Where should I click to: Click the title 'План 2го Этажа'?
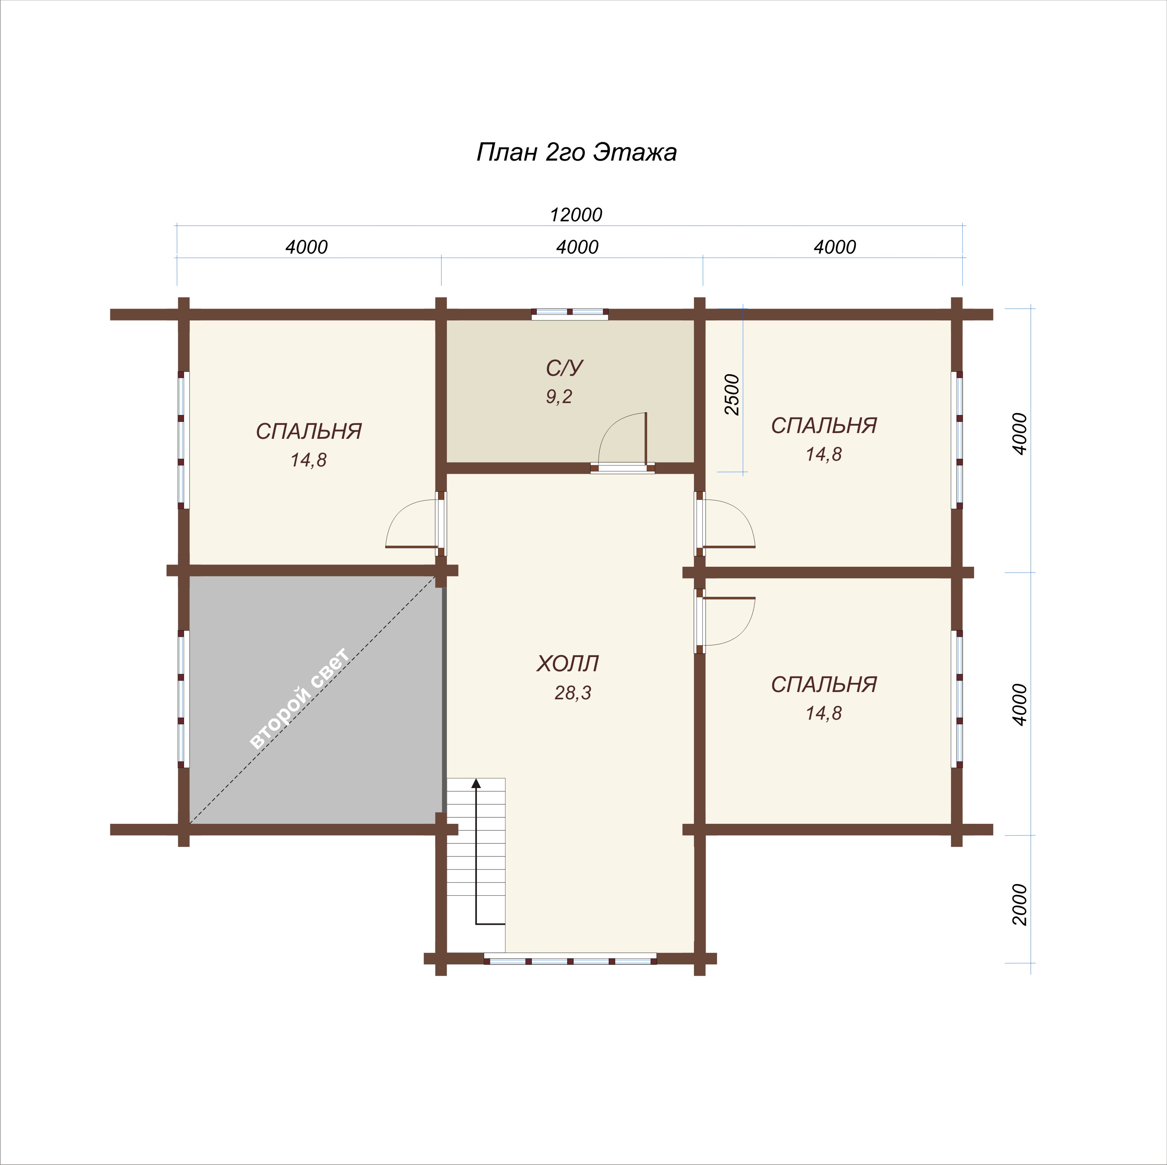click(x=576, y=152)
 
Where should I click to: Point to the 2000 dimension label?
click(x=1019, y=904)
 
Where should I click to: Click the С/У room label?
click(x=564, y=368)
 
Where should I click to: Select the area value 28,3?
click(x=573, y=693)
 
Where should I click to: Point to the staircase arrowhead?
click(x=476, y=783)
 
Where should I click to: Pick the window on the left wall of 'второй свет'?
click(x=184, y=699)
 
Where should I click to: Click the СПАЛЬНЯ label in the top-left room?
click(x=309, y=431)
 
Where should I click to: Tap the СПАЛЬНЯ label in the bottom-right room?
click(x=824, y=684)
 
